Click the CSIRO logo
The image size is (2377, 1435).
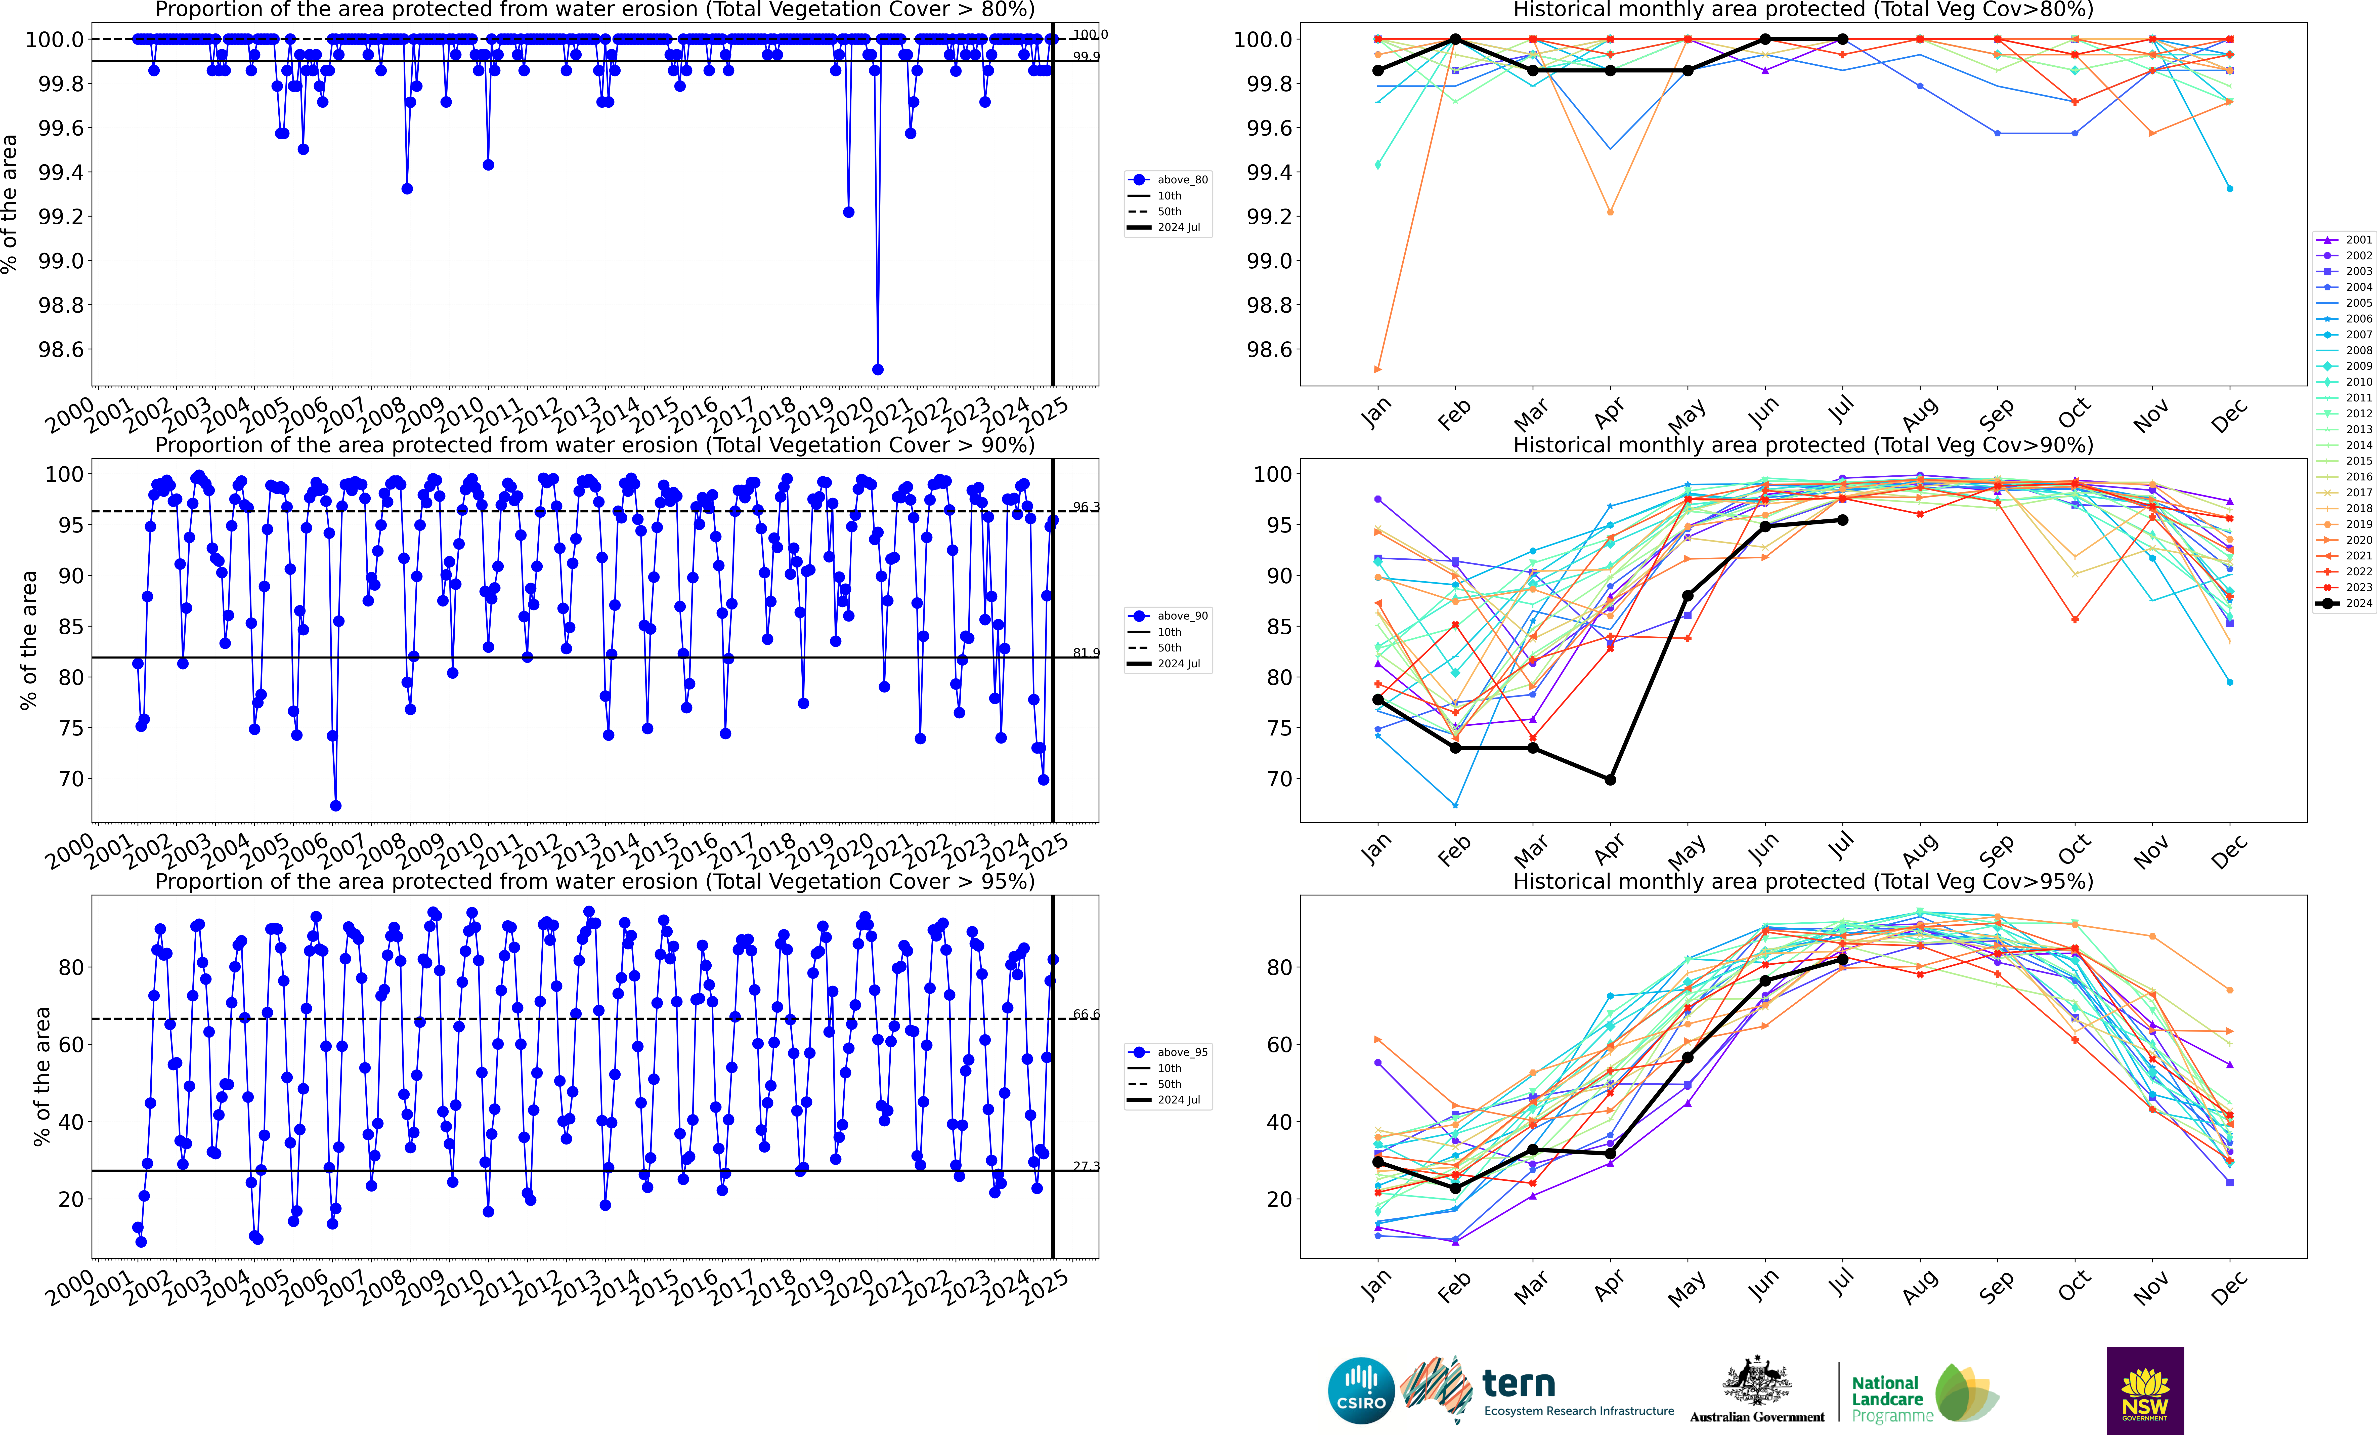[1361, 1391]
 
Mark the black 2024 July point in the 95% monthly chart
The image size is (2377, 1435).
[1843, 959]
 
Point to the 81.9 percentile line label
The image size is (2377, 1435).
[1085, 653]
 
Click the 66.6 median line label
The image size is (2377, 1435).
[1085, 1014]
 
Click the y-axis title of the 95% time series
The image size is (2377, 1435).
[41, 1076]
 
